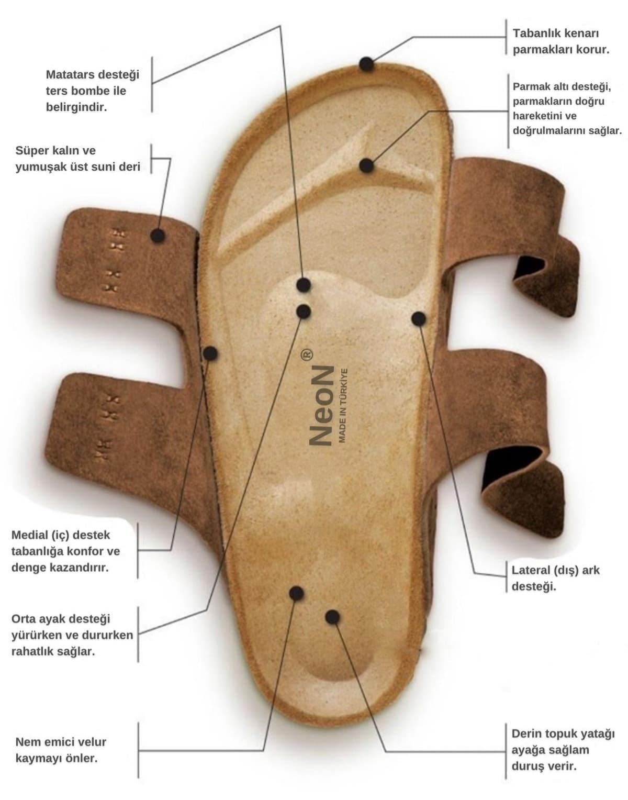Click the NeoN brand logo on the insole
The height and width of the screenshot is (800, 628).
point(321,405)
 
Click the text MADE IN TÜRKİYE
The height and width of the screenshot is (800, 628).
point(342,405)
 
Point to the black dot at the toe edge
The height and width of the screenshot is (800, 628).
point(366,64)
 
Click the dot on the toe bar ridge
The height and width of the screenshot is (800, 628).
point(366,165)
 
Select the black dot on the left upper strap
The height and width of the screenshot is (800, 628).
point(158,236)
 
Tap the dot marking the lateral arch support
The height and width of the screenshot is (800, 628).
point(418,319)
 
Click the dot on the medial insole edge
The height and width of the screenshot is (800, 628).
point(210,353)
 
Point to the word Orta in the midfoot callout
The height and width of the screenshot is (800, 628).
point(24,619)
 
